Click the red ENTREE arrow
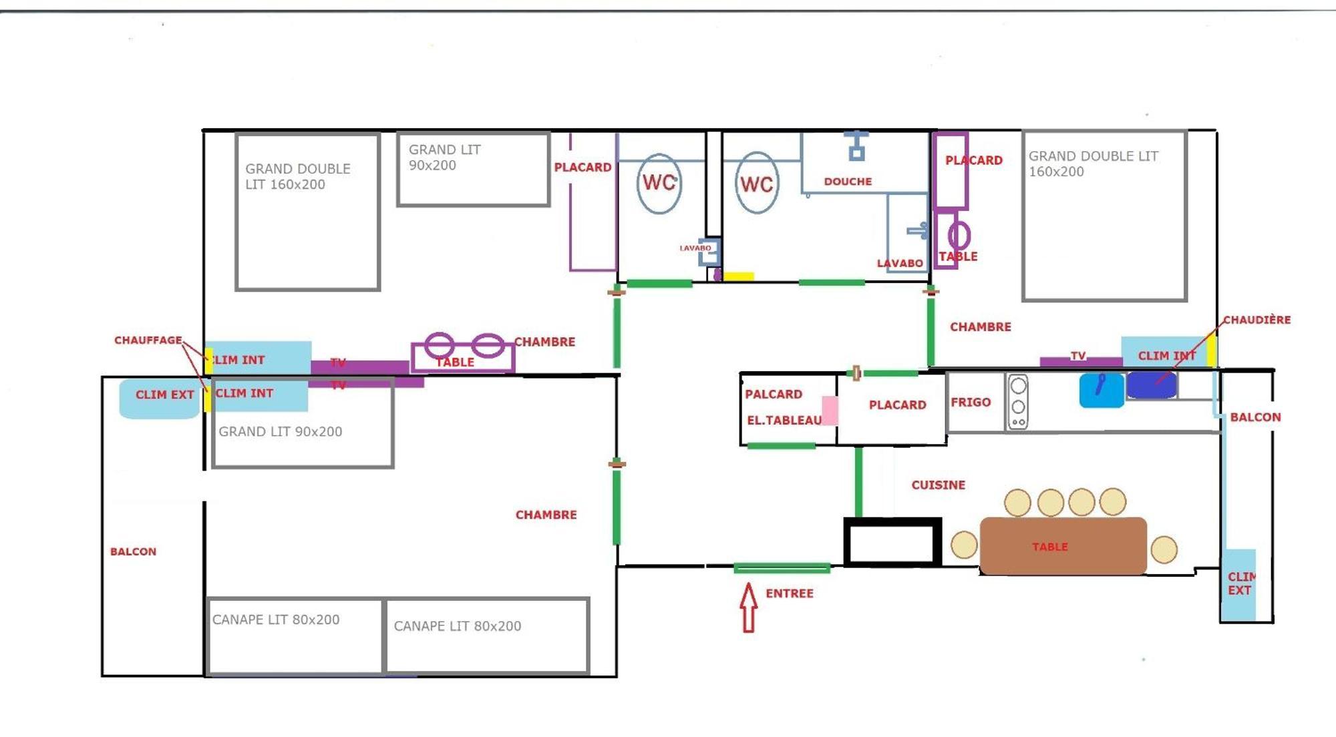(x=749, y=607)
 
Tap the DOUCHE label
(x=848, y=182)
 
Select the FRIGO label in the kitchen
(x=971, y=403)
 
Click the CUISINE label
(x=938, y=485)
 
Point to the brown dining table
(x=1063, y=546)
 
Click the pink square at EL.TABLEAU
(x=830, y=411)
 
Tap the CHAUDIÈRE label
(x=1257, y=320)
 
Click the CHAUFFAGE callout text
(x=148, y=340)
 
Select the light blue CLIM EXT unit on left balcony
(x=160, y=399)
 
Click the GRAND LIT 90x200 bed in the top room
(x=473, y=169)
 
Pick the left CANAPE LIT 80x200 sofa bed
(x=295, y=636)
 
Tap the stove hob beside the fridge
(x=1018, y=402)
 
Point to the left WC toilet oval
(x=659, y=183)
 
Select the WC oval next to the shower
(x=757, y=184)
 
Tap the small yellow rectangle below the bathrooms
(x=739, y=276)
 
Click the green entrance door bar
(x=782, y=568)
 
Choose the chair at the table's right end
(x=1164, y=549)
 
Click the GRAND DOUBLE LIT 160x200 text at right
(x=1094, y=164)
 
